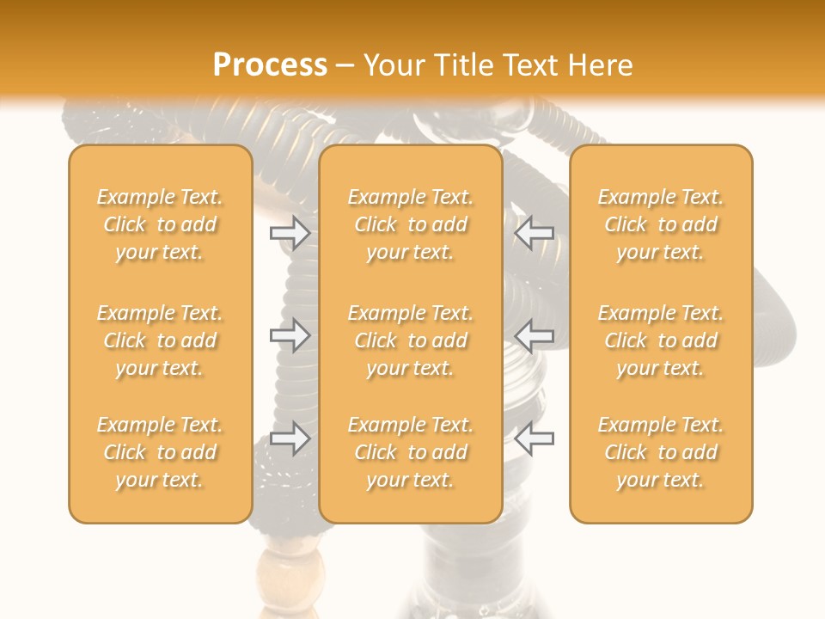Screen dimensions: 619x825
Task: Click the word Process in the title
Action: click(270, 65)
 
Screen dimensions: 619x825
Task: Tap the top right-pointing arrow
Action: click(290, 233)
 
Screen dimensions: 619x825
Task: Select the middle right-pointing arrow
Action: click(290, 335)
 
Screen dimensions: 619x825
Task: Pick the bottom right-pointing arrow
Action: click(290, 438)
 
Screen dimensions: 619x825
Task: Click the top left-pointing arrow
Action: click(534, 233)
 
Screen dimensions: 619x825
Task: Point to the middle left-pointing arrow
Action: click(534, 335)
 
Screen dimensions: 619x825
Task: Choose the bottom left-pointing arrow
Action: click(534, 438)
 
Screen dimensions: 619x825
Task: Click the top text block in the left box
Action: click(160, 224)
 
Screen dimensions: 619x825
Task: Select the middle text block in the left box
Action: click(160, 340)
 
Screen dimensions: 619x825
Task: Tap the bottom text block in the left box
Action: click(160, 452)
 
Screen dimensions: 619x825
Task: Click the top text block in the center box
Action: click(410, 224)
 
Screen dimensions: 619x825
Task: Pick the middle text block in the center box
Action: click(410, 340)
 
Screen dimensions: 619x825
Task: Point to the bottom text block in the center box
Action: click(410, 452)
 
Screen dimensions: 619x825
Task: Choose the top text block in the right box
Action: click(661, 224)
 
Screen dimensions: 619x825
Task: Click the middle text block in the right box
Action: click(661, 340)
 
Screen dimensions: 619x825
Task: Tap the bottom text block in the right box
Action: click(661, 452)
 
